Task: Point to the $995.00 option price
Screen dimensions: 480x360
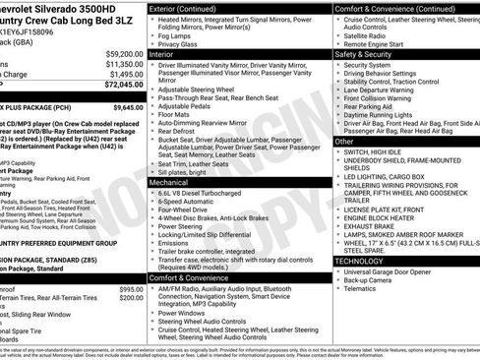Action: tap(131, 289)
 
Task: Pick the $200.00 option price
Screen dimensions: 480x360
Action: tap(131, 298)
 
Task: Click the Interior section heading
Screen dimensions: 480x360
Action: tap(164, 55)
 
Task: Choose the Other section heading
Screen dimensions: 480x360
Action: tap(345, 141)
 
